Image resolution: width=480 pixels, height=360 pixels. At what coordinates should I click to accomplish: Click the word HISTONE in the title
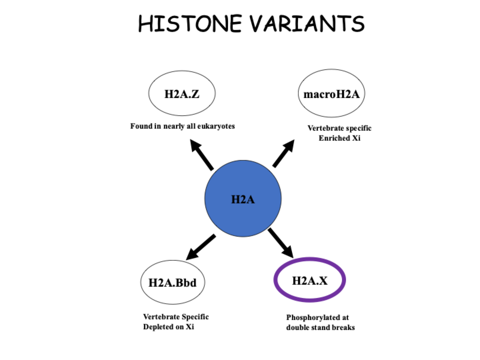[x=190, y=24]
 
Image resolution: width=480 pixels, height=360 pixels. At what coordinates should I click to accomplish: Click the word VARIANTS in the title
[x=307, y=24]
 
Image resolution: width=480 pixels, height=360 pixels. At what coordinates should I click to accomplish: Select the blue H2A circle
[x=243, y=198]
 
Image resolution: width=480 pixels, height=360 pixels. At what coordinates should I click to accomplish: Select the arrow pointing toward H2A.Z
[x=201, y=155]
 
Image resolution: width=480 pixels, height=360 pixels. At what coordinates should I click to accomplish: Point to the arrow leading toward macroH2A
[x=284, y=153]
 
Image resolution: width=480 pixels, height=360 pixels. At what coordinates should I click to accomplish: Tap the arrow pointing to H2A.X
[x=281, y=243]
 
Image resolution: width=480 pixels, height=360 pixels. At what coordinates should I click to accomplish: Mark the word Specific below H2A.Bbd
[x=195, y=317]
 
